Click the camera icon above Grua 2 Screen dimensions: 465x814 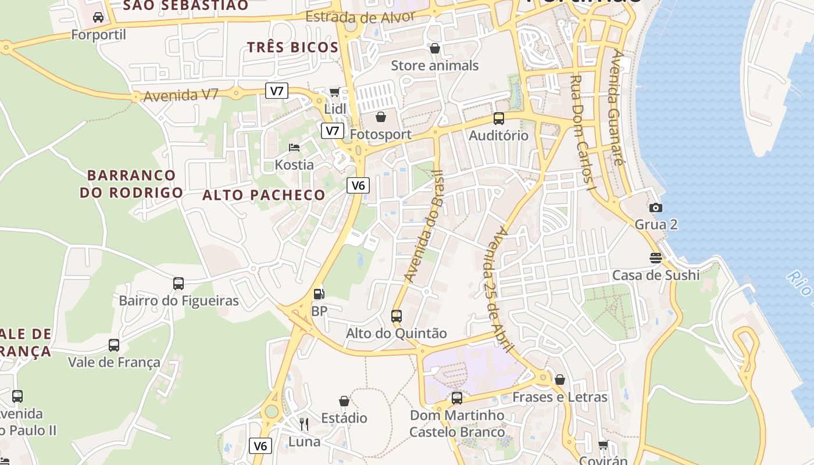pos(655,208)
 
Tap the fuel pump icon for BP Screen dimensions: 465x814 pos(319,294)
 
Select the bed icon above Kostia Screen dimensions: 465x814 pos(294,147)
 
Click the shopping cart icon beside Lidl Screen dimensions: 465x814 pos(334,92)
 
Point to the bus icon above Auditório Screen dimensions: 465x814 pos(498,119)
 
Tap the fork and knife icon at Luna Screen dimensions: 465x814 pos(304,424)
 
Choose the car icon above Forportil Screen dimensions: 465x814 pos(98,17)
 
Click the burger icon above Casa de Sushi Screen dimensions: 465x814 pos(656,258)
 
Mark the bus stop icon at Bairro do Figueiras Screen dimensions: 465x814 pos(178,284)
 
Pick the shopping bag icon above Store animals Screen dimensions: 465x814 pos(434,48)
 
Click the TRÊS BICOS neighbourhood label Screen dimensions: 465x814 pos(292,48)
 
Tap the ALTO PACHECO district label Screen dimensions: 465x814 pos(263,195)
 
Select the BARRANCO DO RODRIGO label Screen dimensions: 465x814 pos(131,184)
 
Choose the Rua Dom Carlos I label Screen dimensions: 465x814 pos(583,134)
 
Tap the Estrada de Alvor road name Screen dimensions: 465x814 pos(360,17)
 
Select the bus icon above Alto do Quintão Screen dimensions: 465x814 pos(397,316)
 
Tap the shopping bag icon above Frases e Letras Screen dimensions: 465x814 pos(559,380)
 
